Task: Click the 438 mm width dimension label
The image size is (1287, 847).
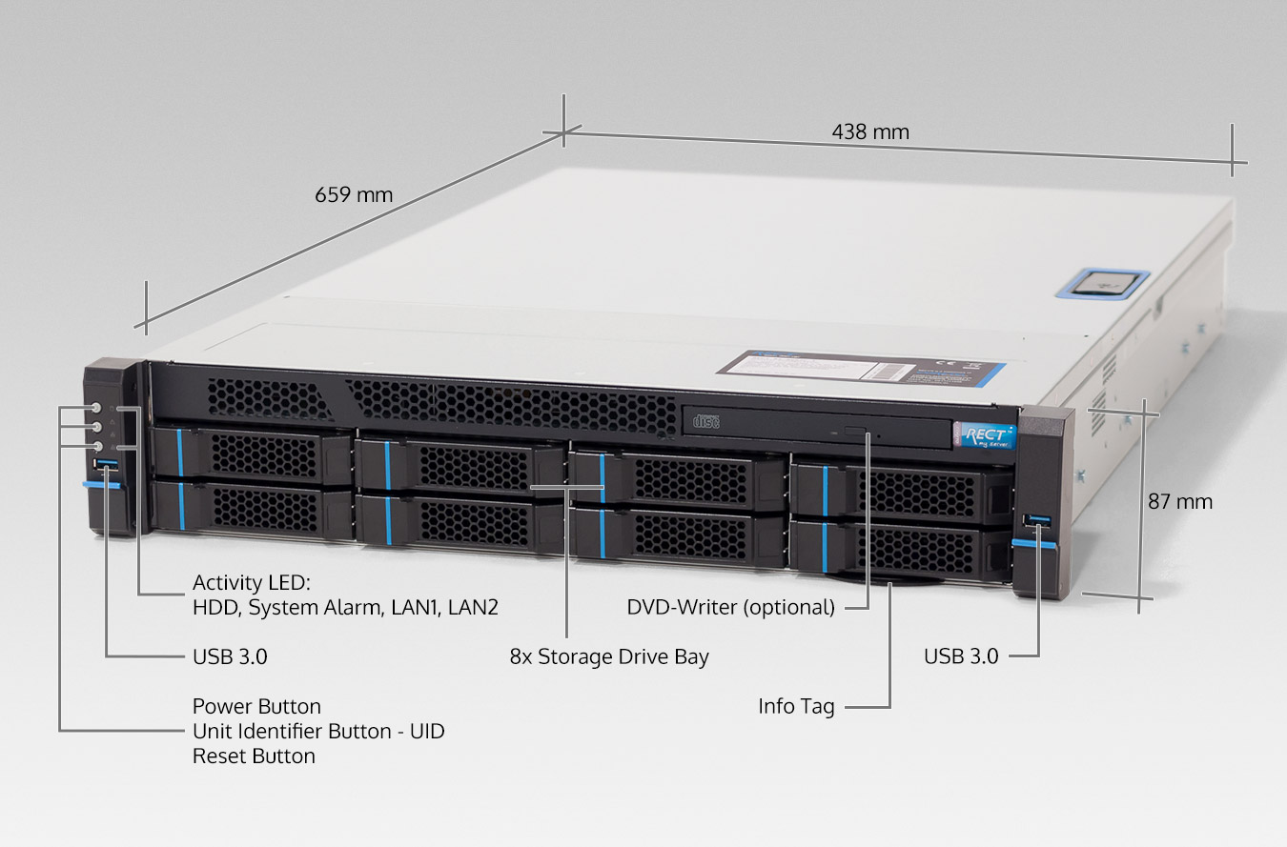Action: pyautogui.click(x=870, y=131)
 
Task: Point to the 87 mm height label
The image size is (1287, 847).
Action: pyautogui.click(x=1180, y=501)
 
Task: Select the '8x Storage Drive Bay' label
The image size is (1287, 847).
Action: pyautogui.click(x=609, y=656)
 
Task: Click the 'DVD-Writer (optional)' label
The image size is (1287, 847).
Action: pyautogui.click(x=730, y=607)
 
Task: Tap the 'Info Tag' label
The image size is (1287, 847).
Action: pyautogui.click(x=796, y=706)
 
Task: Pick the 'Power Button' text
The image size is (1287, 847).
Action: pyautogui.click(x=256, y=706)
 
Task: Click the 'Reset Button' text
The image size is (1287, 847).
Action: pyautogui.click(x=254, y=756)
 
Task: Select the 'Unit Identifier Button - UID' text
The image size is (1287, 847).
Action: pyautogui.click(x=318, y=732)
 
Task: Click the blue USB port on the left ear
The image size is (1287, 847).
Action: pyautogui.click(x=106, y=464)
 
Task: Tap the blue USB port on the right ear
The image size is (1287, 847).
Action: pyautogui.click(x=1037, y=520)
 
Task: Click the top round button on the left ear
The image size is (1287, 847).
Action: pyautogui.click(x=97, y=408)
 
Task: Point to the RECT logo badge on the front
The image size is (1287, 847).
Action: pyautogui.click(x=986, y=434)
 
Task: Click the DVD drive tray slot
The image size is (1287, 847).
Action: pyautogui.click(x=820, y=430)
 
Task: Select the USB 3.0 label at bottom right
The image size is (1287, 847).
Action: pyautogui.click(x=961, y=655)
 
